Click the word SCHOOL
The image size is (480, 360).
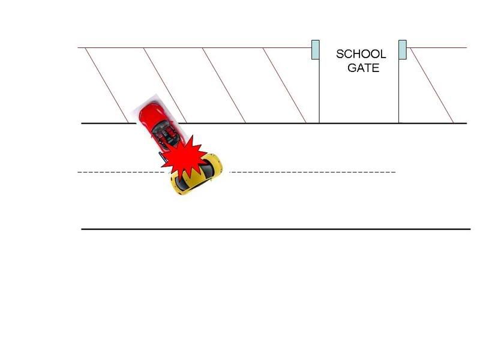coord(361,54)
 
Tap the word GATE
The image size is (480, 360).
coord(364,68)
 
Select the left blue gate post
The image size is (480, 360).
coord(316,50)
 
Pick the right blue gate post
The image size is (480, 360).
coord(403,50)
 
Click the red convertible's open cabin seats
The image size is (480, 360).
coord(167,135)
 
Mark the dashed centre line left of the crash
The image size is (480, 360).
coord(121,172)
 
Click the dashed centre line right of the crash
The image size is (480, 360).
coord(313,172)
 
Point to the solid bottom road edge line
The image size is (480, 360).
coord(276,229)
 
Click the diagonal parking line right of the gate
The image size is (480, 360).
coord(431,85)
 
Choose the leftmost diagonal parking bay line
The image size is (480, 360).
coord(107,85)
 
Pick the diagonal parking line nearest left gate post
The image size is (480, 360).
coord(284,85)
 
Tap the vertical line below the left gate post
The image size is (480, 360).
coord(319,91)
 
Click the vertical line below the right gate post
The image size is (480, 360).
coord(398,91)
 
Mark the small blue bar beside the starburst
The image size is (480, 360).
coord(161,155)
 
